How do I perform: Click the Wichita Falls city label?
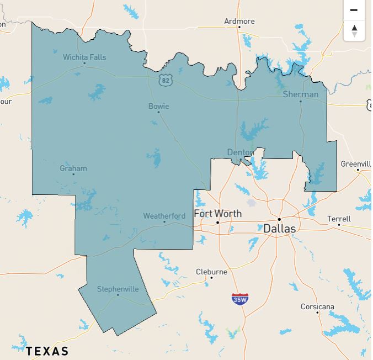pos(84,57)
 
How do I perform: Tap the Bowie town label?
pos(158,106)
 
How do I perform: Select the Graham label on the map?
pos(73,168)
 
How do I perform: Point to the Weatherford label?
pos(164,216)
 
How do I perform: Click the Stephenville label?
pos(118,289)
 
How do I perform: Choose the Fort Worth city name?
pos(217,213)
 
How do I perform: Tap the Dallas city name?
pos(279,228)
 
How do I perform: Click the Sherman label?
pos(301,94)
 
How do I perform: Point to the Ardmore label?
pos(239,22)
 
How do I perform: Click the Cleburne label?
pos(211,272)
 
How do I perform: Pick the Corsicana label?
pos(317,306)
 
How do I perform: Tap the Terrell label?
pos(339,219)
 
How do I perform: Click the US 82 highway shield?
pos(165,81)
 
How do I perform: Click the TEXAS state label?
pos(47,351)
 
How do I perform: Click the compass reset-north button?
pos(354,31)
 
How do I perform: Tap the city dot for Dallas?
pos(279,219)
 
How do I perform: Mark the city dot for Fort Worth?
pos(217,222)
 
